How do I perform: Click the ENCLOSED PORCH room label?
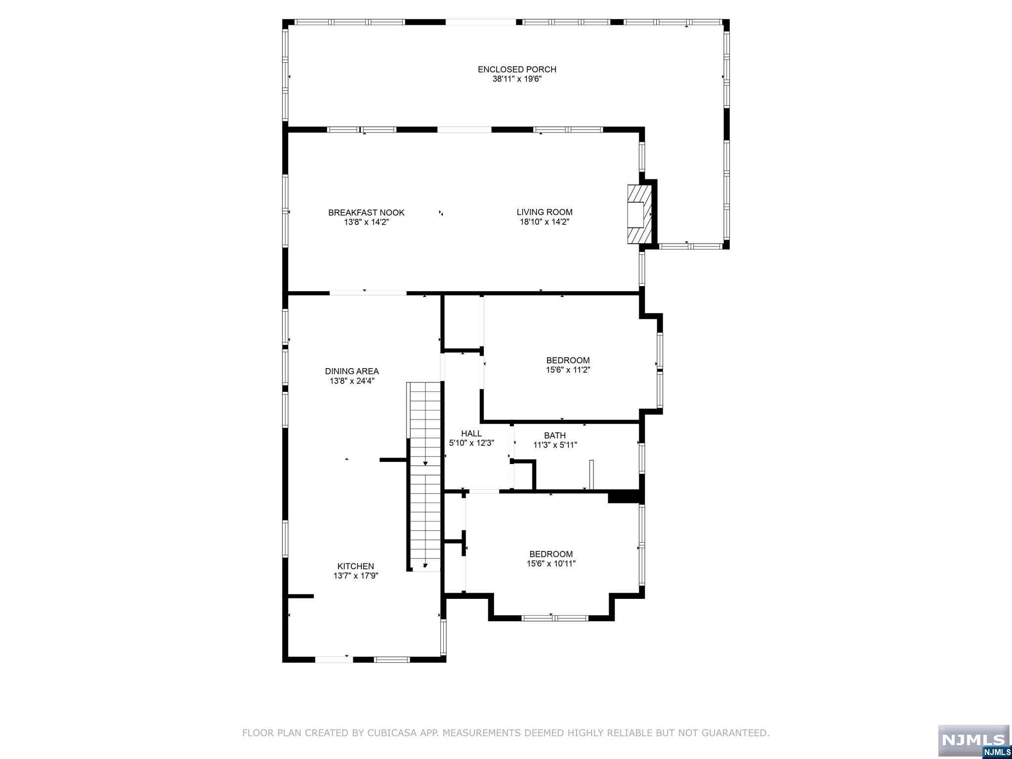(517, 70)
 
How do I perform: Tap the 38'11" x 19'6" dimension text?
(517, 79)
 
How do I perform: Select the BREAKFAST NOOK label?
(366, 213)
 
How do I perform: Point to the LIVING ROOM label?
(545, 212)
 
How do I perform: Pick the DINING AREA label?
(352, 372)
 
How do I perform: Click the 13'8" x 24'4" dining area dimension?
(352, 381)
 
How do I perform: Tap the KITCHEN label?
(356, 566)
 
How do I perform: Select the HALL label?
(471, 434)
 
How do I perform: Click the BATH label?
(555, 436)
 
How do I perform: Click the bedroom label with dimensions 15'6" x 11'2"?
(568, 361)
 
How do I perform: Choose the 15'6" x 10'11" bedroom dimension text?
(551, 564)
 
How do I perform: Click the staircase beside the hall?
(424, 477)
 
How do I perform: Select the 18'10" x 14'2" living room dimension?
(545, 222)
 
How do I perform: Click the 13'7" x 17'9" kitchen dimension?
(356, 576)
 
